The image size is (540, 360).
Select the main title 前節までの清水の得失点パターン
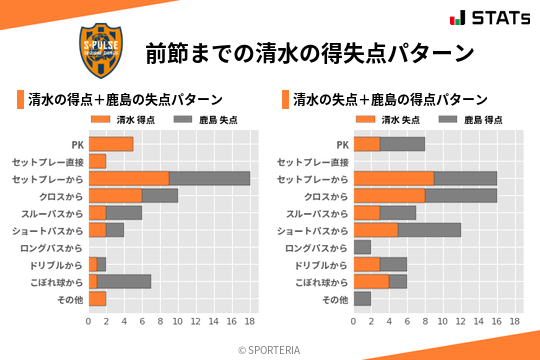pyautogui.click(x=309, y=52)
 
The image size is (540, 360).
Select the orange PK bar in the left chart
pyautogui.click(x=110, y=144)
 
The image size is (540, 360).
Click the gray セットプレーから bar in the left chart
pyautogui.click(x=209, y=178)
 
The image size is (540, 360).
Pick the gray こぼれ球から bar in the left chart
pyautogui.click(x=124, y=281)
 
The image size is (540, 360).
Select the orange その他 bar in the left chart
pyautogui.click(x=97, y=298)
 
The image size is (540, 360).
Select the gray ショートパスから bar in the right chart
pyautogui.click(x=429, y=230)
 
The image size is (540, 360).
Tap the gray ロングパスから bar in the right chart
pyautogui.click(x=362, y=247)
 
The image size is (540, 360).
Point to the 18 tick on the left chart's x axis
pyautogui.click(x=250, y=322)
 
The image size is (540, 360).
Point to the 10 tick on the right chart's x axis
pyautogui.click(x=443, y=322)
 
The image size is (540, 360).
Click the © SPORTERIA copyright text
pyautogui.click(x=270, y=349)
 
